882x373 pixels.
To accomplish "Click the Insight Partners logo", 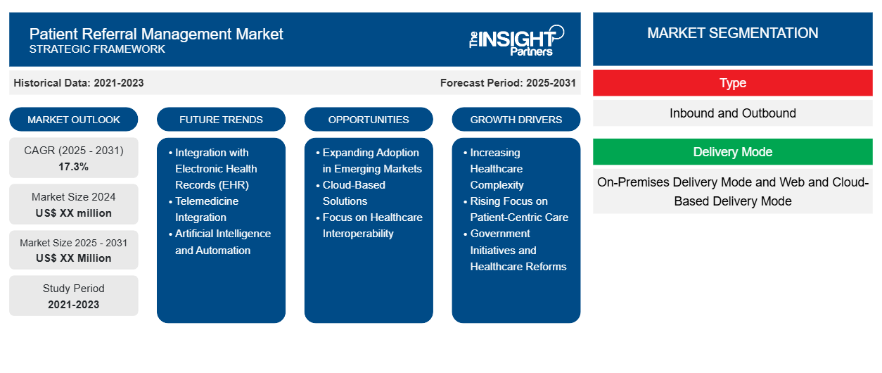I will (x=516, y=40).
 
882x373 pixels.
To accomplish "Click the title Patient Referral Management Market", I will (x=156, y=33).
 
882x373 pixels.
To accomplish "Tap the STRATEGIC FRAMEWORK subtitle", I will (x=97, y=49).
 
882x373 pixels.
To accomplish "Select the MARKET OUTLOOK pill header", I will (x=74, y=119).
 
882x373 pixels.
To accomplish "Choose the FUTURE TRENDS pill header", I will (x=221, y=119).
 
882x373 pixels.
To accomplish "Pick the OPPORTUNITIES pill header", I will (x=369, y=119).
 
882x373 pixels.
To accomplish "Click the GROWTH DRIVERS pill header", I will (x=516, y=119).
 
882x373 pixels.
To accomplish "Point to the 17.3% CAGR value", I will (x=74, y=167).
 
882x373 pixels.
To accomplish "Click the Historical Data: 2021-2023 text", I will (x=79, y=82).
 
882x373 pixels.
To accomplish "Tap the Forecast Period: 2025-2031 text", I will (x=508, y=82).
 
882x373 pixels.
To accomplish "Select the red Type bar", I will (x=732, y=83).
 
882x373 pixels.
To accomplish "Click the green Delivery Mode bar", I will (x=732, y=152).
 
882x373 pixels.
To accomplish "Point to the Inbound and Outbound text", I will (x=732, y=113).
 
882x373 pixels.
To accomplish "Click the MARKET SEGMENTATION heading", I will (x=732, y=33).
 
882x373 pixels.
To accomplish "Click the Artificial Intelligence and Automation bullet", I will (x=222, y=241).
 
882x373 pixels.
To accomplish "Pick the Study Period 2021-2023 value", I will (x=74, y=304).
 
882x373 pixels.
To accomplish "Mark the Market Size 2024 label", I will (x=74, y=197).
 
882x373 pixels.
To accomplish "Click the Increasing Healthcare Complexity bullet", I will (x=497, y=168).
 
